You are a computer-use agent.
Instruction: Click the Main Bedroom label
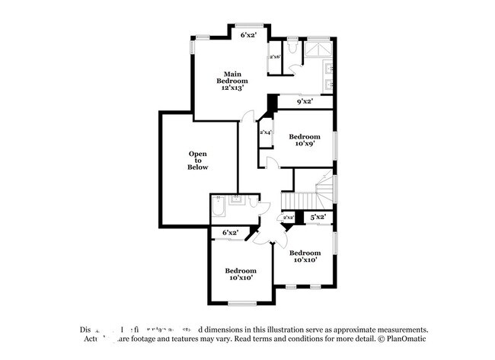232,81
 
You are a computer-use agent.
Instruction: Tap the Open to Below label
198,161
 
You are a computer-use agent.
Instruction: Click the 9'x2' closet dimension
304,101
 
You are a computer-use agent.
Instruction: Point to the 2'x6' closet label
275,57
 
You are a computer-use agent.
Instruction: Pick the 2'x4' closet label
266,132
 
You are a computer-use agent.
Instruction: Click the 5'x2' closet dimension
318,217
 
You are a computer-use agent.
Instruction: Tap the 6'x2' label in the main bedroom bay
249,35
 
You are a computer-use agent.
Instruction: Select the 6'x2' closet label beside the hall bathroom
230,232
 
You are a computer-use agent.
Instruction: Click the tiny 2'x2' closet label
289,218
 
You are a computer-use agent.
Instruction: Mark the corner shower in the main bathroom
318,49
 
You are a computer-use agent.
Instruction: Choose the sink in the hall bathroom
237,202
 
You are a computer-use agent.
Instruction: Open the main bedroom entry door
245,118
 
